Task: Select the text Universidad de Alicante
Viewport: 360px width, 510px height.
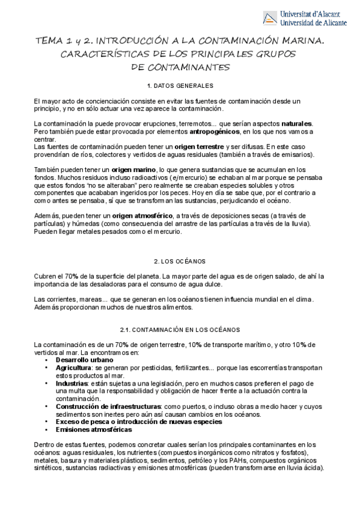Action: [x=314, y=22]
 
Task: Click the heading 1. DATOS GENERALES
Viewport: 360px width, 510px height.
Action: [x=180, y=85]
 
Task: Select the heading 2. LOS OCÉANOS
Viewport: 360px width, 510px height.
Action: [x=180, y=261]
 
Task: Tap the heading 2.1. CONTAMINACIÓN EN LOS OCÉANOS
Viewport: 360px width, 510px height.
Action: [x=180, y=330]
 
